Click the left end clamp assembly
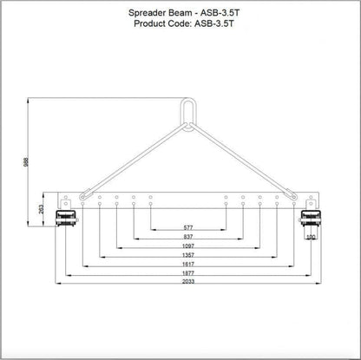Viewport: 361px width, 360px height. point(64,218)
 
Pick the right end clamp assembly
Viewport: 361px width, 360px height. point(310,218)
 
